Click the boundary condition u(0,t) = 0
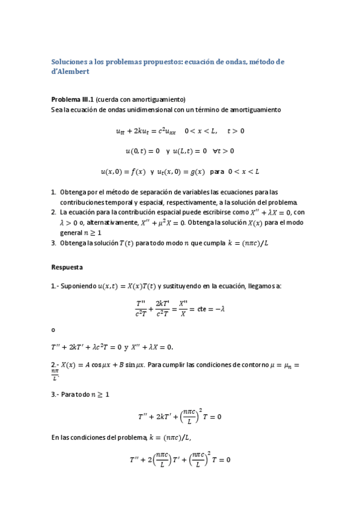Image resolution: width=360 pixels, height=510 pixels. [x=142, y=151]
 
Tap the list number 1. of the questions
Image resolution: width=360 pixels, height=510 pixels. [x=53, y=192]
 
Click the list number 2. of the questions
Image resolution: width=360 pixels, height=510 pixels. [x=53, y=212]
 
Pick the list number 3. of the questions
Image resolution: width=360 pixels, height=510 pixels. [x=53, y=242]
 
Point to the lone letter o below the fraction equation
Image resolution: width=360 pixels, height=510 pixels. [x=53, y=330]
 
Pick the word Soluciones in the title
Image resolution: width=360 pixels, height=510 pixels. [x=70, y=61]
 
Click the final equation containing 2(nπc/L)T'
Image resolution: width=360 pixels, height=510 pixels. [x=180, y=461]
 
